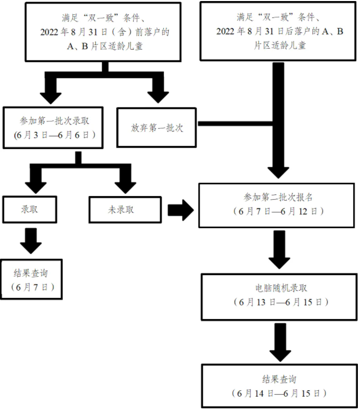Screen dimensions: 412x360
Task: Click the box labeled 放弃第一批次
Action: pos(156,127)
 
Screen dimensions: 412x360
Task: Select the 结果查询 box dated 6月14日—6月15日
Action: pos(279,386)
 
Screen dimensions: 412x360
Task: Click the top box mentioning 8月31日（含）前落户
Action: pos(105,32)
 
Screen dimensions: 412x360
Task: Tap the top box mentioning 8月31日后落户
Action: pos(279,32)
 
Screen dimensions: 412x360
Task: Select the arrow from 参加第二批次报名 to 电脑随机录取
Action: pos(279,250)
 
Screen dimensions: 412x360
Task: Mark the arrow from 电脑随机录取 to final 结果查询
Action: pos(279,341)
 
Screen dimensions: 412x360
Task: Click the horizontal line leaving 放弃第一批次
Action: pos(235,124)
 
